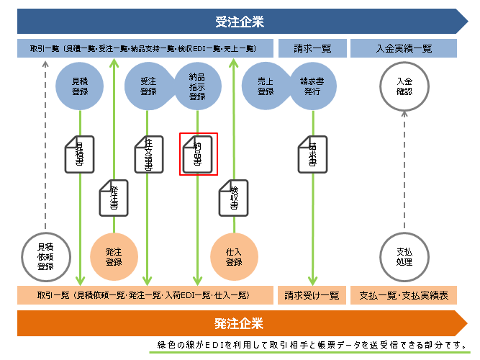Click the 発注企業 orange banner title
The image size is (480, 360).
pyautogui.click(x=239, y=323)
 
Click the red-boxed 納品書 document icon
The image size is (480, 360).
pyautogui.click(x=198, y=153)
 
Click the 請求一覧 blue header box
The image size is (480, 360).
pyautogui.click(x=312, y=49)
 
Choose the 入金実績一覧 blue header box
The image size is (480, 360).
pyautogui.click(x=404, y=49)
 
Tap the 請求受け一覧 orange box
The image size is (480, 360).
pyautogui.click(x=312, y=295)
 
